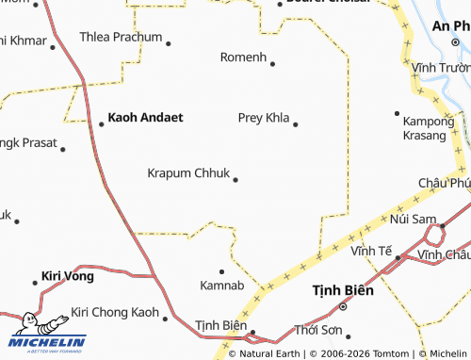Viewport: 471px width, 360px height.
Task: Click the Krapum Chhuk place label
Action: (x=187, y=173)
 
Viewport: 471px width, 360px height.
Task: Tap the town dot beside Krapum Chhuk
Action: (x=235, y=179)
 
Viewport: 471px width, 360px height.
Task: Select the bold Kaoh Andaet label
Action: (x=145, y=118)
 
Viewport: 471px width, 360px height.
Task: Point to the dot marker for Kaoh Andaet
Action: (x=102, y=123)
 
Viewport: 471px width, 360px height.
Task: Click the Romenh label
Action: (x=243, y=57)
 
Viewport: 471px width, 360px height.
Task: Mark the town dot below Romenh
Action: (x=272, y=64)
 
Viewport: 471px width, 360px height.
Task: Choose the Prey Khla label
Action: (x=263, y=118)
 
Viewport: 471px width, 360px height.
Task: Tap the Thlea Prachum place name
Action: (x=120, y=38)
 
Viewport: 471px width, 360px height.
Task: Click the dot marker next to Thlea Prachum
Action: (x=168, y=42)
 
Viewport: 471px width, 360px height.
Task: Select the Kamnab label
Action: (x=222, y=285)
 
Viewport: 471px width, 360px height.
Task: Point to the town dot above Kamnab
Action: (x=222, y=270)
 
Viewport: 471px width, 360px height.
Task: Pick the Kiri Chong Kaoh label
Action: (x=115, y=312)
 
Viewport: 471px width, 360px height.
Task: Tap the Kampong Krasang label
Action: (x=424, y=128)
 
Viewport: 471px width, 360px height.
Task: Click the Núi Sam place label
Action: (x=411, y=219)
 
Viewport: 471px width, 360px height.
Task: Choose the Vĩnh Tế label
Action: (x=371, y=251)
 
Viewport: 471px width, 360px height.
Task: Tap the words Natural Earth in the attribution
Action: (x=269, y=353)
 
